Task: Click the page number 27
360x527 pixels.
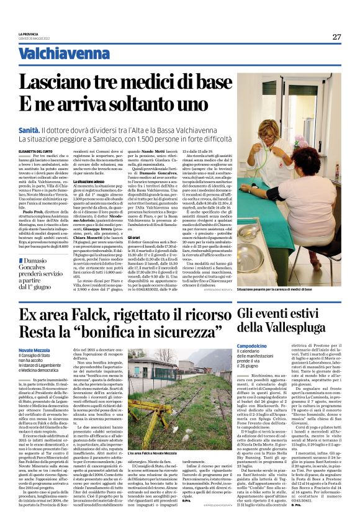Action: pyautogui.click(x=336, y=37)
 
